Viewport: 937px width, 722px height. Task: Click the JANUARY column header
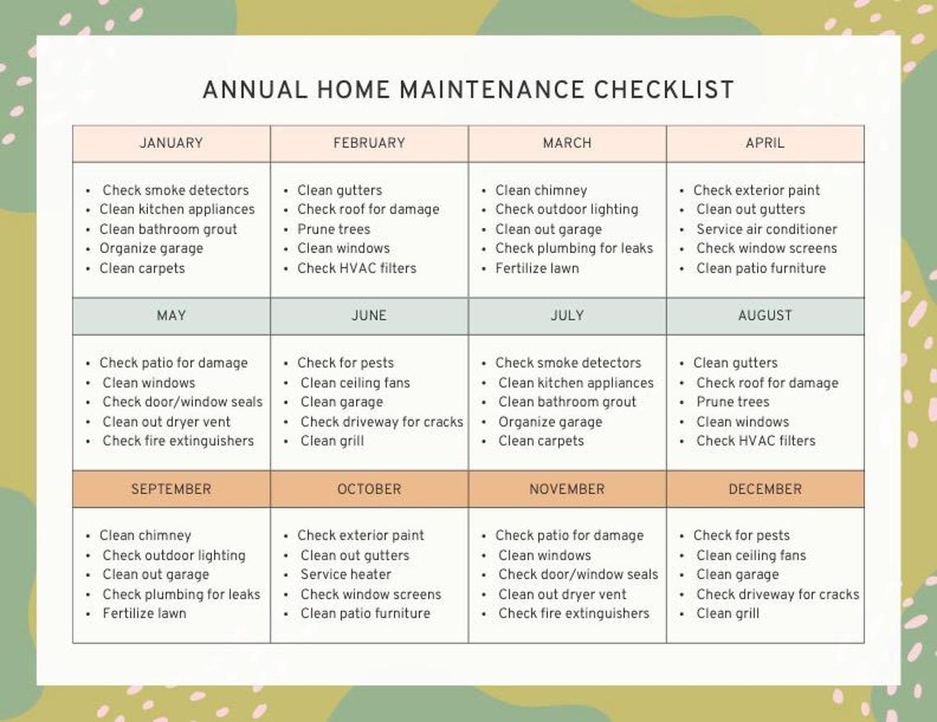pos(171,143)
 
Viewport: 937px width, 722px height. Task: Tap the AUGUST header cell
pos(765,316)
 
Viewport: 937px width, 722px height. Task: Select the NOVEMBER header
pos(567,489)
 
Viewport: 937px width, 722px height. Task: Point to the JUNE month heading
pos(369,316)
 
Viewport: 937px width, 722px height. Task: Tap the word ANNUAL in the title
pos(255,90)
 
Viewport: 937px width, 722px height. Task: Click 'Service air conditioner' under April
pos(767,229)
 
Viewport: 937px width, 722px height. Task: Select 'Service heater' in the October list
pos(346,574)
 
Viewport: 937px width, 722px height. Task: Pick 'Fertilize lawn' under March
pos(538,269)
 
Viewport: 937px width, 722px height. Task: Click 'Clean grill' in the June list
pos(332,441)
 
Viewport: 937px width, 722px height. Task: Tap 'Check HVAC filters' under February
pos(357,269)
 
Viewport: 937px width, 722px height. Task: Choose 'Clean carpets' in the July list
pos(542,441)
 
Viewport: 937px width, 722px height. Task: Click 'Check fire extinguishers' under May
pos(178,441)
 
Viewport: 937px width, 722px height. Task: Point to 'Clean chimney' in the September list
pos(145,536)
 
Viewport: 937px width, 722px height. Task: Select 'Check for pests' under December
pos(741,536)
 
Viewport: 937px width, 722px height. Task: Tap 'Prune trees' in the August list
pos(732,402)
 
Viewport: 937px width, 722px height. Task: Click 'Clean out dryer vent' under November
pos(562,595)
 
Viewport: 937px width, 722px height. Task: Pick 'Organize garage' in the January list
pos(151,249)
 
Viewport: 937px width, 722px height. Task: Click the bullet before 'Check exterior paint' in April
pos(682,191)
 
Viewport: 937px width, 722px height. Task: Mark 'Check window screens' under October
pos(371,595)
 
